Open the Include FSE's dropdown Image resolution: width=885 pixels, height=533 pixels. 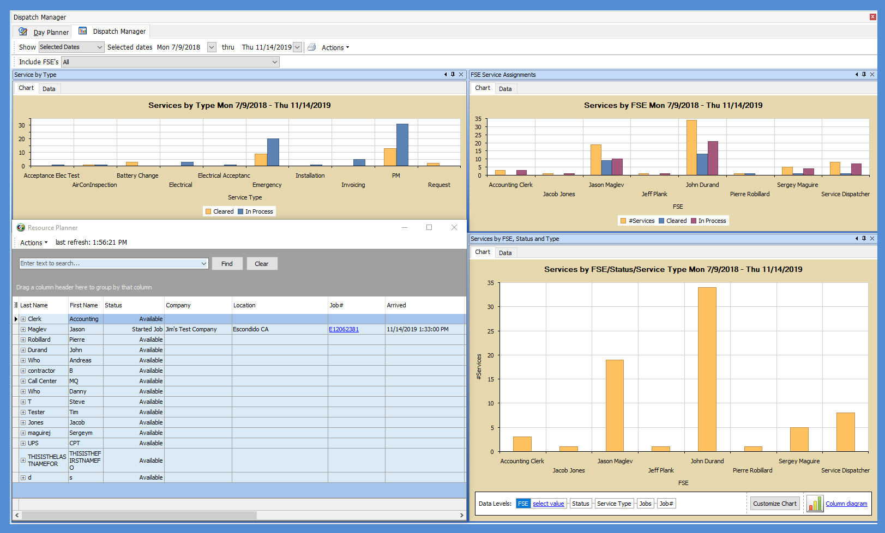pyautogui.click(x=274, y=62)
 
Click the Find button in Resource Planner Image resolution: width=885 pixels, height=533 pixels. pyautogui.click(x=227, y=264)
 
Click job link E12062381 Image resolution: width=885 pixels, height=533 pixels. pyautogui.click(x=344, y=329)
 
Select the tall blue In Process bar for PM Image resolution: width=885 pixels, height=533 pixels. pyautogui.click(x=402, y=145)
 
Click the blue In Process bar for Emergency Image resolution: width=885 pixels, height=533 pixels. pyautogui.click(x=273, y=152)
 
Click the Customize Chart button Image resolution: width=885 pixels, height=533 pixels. pyautogui.click(x=774, y=504)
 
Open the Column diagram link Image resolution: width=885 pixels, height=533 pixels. pyautogui.click(x=846, y=504)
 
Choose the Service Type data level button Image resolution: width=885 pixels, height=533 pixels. pyautogui.click(x=613, y=504)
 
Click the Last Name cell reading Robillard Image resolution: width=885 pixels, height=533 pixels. pyautogui.click(x=39, y=340)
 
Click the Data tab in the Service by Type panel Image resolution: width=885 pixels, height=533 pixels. pyautogui.click(x=49, y=89)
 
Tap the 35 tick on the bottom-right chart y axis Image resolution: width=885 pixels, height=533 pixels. pyautogui.click(x=491, y=283)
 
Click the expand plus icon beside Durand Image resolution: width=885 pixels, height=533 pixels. pyautogui.click(x=23, y=350)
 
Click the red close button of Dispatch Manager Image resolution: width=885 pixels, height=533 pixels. pyautogui.click(x=872, y=17)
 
